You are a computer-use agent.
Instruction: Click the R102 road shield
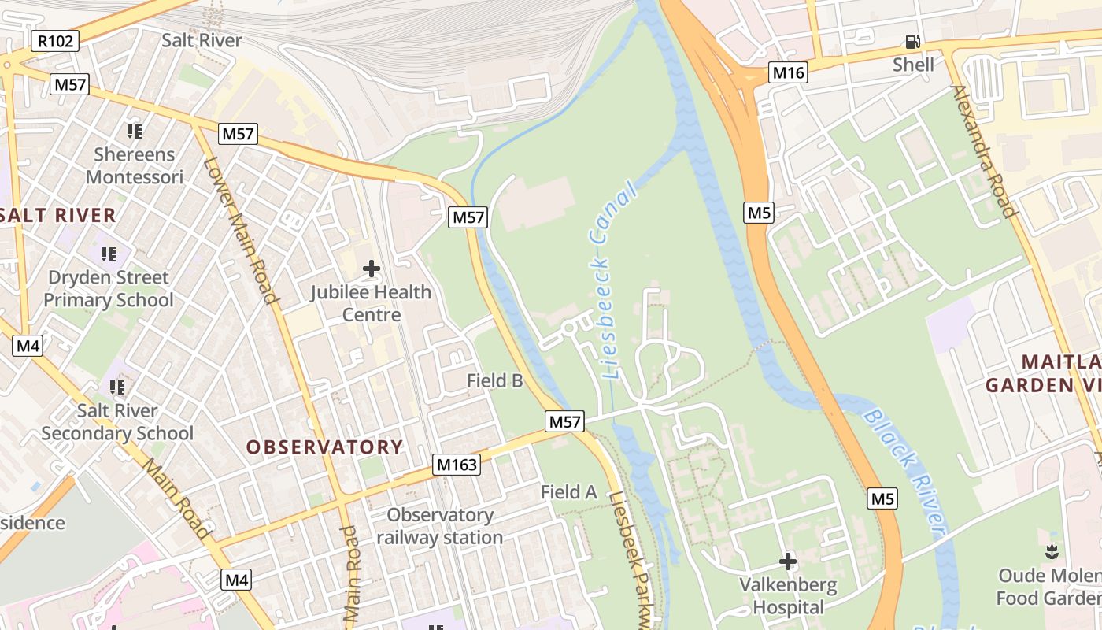click(x=55, y=41)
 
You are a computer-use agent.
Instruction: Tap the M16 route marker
click(x=788, y=73)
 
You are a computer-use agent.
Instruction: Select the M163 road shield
click(x=457, y=465)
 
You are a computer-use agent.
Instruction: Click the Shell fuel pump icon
click(x=913, y=42)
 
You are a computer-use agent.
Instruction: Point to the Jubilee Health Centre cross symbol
click(x=371, y=269)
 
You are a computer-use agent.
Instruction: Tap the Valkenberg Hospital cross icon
click(x=787, y=561)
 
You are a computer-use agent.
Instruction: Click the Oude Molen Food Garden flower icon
click(x=1052, y=552)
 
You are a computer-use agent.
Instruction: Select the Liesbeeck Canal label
click(x=612, y=283)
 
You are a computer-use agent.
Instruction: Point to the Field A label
click(x=568, y=492)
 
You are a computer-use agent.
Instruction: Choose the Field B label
click(x=494, y=380)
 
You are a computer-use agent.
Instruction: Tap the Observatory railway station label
click(x=439, y=526)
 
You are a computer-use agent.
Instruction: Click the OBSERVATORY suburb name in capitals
click(x=324, y=447)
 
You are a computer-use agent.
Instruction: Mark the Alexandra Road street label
click(x=983, y=150)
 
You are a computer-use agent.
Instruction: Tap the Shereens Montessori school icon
click(x=134, y=131)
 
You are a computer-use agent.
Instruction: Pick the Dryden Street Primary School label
click(x=109, y=288)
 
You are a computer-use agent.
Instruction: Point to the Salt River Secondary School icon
click(x=117, y=387)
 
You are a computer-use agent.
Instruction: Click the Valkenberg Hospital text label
click(x=788, y=596)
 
